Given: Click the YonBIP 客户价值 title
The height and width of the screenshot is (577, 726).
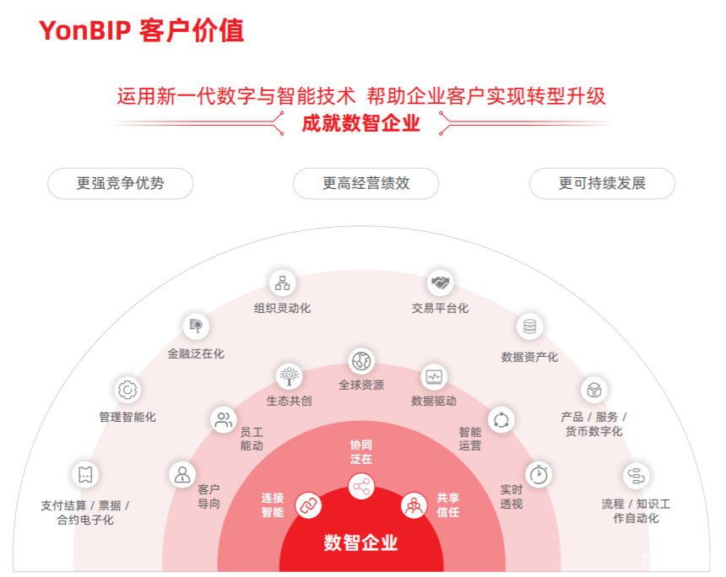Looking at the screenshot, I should coord(141,31).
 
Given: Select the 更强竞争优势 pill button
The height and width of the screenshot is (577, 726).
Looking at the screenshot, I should coord(120,183).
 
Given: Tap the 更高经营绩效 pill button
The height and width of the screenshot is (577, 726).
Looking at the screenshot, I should coord(366,183).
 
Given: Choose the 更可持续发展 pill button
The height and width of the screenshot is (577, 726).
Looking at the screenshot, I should coord(602,183).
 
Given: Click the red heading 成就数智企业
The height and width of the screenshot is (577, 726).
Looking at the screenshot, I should coord(360,124).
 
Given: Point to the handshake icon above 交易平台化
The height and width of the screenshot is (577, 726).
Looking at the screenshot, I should coord(440,282).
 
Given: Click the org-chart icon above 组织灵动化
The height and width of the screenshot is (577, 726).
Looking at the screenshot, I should coord(282,282).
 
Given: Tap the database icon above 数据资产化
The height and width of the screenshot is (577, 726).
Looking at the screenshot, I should coord(529,326).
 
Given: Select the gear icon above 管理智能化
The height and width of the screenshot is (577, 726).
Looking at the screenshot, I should coord(127,390).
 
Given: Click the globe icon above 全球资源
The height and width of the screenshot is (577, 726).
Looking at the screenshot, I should coord(361,360).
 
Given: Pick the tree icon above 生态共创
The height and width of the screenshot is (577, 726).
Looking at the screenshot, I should coord(289,375).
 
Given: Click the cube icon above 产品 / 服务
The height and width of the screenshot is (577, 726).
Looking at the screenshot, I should coord(594,390).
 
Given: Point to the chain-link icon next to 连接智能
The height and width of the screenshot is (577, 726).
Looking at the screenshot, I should coord(308,505).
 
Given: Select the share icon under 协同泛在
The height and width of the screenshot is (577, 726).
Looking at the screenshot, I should coord(361,485).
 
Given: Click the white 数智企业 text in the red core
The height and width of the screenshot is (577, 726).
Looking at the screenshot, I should coord(360,542).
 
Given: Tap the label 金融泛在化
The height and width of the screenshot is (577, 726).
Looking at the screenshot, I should coord(196,353).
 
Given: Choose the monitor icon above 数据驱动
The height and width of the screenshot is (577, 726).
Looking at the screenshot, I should coord(434,376).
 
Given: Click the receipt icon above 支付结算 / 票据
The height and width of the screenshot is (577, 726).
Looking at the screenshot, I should coord(84,474).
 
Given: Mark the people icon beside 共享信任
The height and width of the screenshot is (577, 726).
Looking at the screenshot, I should coord(414,505).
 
